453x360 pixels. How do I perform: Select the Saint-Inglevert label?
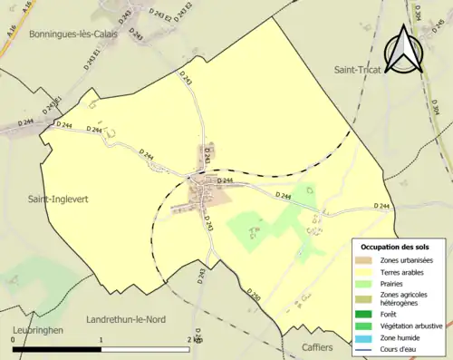(49, 196)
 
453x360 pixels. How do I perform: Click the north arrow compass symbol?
(405, 49)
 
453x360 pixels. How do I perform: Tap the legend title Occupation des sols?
(397, 247)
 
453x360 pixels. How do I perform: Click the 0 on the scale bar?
(13, 339)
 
